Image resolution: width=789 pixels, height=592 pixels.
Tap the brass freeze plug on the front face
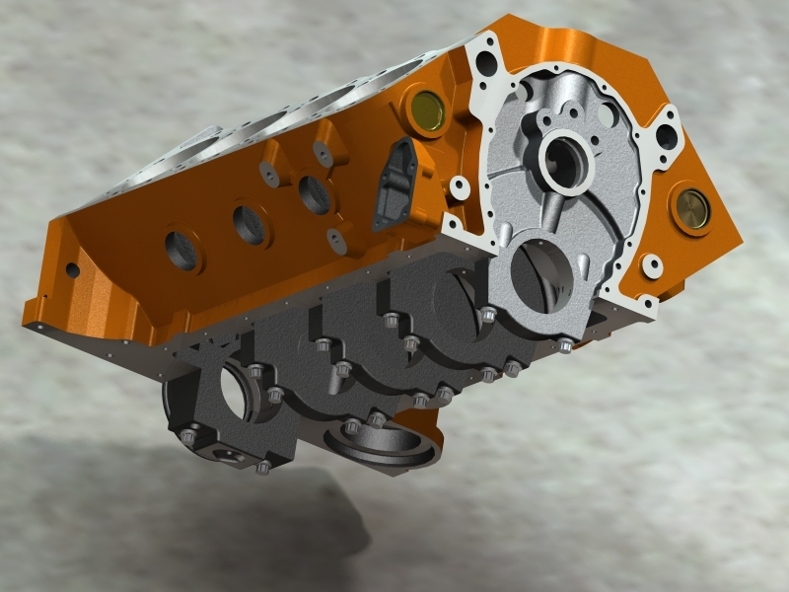tap(691, 207)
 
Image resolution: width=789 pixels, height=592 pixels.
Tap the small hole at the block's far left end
tap(71, 268)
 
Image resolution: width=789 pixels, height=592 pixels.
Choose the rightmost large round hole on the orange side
tap(315, 193)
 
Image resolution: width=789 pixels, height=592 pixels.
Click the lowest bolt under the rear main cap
tap(263, 467)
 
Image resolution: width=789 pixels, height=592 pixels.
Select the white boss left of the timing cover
tap(457, 184)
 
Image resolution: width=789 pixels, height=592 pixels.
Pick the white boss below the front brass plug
tap(652, 264)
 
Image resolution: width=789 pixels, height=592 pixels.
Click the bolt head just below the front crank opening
tap(565, 345)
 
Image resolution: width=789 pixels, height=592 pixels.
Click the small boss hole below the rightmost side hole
tap(335, 237)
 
